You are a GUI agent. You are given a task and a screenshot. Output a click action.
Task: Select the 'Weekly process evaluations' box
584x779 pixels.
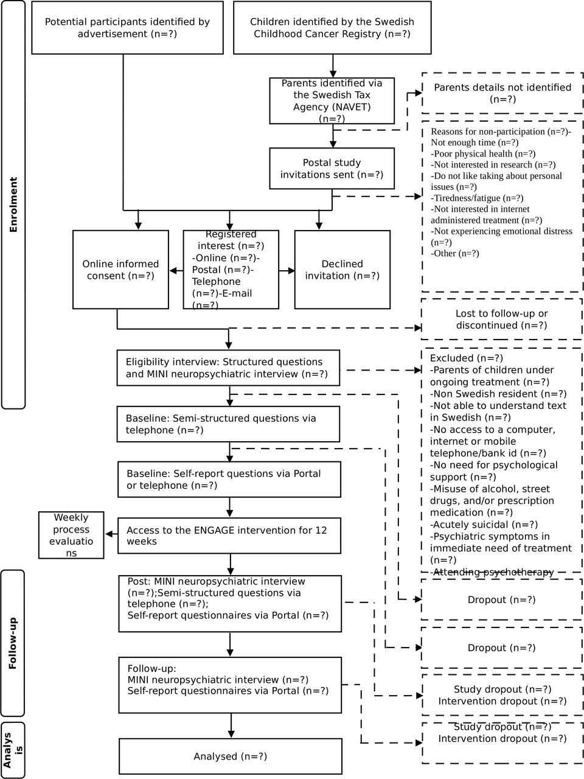point(71,535)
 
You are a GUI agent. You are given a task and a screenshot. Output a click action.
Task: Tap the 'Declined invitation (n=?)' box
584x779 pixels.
point(342,270)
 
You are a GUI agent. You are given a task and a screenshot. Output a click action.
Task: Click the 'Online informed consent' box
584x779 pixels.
point(120,270)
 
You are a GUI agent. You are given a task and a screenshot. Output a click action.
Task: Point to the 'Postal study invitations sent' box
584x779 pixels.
point(332,168)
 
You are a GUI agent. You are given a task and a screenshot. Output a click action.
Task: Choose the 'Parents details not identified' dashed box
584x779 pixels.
point(502,93)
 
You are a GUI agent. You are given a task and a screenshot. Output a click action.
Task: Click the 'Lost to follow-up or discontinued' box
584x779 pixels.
point(502,319)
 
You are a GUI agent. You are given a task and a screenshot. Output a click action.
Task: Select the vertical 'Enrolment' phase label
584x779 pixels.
point(13,204)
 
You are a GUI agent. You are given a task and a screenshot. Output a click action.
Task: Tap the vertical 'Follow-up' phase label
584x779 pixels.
point(13,643)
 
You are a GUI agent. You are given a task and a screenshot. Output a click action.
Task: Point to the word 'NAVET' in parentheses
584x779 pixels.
point(352,107)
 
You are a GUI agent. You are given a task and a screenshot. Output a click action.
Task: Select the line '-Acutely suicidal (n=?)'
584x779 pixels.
point(484,525)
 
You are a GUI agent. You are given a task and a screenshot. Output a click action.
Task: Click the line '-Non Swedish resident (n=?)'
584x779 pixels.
point(498,394)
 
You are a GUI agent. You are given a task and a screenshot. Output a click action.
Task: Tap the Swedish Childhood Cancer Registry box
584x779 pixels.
point(332,27)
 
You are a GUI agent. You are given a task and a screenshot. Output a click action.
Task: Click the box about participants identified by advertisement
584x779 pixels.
point(127,27)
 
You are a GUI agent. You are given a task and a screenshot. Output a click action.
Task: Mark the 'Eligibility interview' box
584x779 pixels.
point(228,368)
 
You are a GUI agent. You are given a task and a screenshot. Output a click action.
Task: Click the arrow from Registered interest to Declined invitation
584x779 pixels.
point(287,271)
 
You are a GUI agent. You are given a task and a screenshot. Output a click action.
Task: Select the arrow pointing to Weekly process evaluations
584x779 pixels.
point(111,534)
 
